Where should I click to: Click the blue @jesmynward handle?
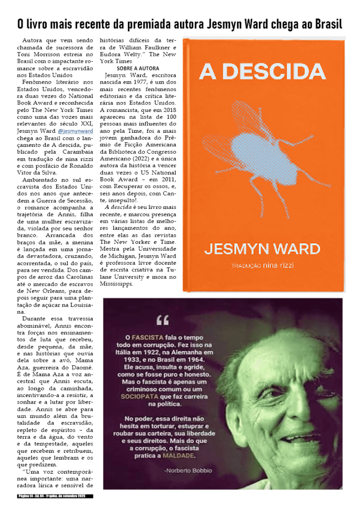point(76,131)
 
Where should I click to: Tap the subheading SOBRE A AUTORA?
point(138,68)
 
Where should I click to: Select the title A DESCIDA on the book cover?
point(262,72)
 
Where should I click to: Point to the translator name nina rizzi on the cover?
point(278,265)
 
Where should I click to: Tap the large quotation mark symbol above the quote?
point(163,320)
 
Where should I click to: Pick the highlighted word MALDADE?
point(180,455)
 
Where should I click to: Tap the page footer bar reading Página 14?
point(55,496)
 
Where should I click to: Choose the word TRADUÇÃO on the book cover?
point(246,266)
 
